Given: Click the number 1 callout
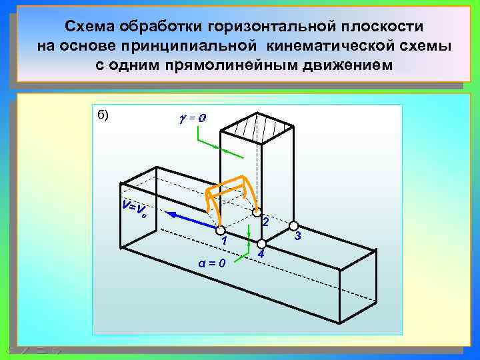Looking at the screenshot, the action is point(225,241).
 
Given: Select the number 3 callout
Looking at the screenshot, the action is point(298,235).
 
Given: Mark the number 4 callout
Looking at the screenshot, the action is point(261,255).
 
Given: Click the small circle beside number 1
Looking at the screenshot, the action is point(221,229).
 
